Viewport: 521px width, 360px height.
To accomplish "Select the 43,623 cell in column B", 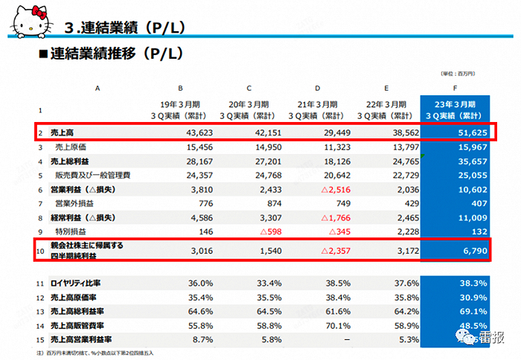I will (x=175, y=132).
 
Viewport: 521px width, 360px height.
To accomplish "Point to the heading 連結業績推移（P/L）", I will (x=115, y=54).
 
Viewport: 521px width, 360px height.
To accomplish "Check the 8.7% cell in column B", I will (x=179, y=339).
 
